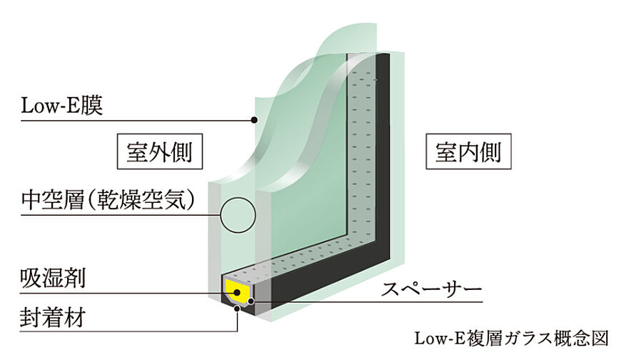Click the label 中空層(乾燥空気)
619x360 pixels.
tap(107, 199)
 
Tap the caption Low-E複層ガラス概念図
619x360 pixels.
tap(513, 337)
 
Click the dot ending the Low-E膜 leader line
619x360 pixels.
tap(253, 120)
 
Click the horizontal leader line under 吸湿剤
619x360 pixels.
tap(107, 294)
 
